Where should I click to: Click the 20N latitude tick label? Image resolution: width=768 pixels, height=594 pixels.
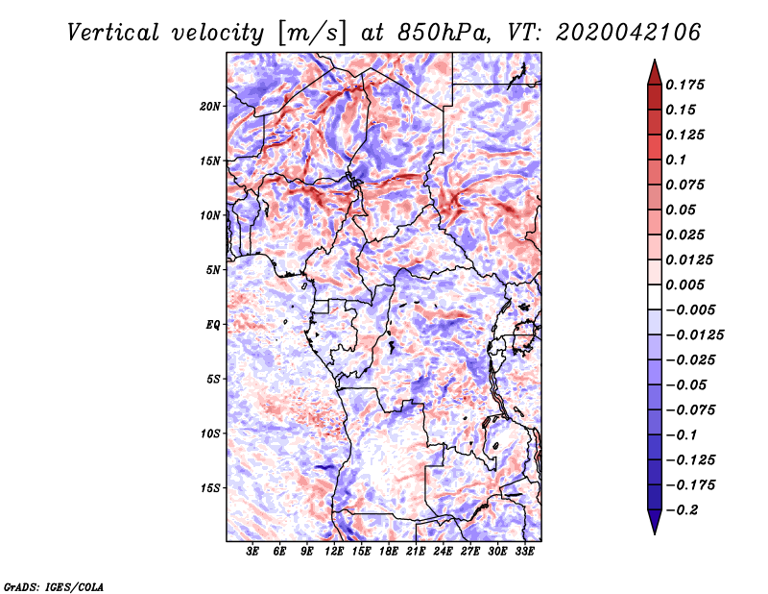click(x=210, y=106)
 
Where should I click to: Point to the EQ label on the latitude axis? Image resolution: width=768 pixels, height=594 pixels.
click(x=213, y=324)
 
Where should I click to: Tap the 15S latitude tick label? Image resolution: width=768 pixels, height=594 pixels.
click(x=210, y=487)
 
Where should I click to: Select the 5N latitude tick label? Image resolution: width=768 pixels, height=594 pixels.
click(x=213, y=269)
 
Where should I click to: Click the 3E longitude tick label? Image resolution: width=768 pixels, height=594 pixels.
click(x=253, y=552)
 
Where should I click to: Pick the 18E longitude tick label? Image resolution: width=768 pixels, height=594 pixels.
click(x=389, y=552)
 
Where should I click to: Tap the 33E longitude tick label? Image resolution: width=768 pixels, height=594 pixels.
click(x=524, y=552)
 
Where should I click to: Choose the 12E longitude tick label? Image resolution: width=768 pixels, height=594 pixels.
click(x=335, y=552)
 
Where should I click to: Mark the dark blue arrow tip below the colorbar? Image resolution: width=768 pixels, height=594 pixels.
click(x=654, y=530)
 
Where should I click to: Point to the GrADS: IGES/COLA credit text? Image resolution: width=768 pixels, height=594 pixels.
click(x=53, y=585)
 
